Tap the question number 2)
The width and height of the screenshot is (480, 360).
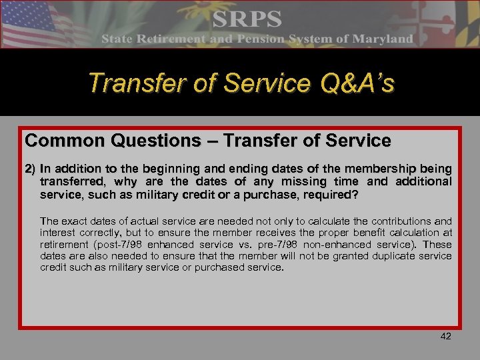point(31,168)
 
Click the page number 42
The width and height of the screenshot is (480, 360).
point(446,336)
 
